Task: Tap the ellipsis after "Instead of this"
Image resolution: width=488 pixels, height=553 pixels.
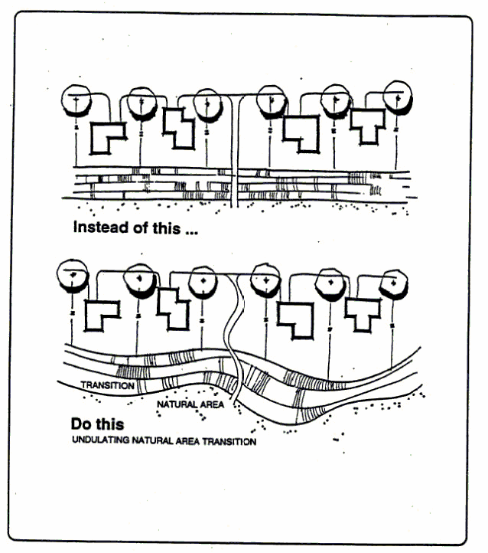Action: pos(188,229)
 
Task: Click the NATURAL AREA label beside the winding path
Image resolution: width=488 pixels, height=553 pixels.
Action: pos(190,404)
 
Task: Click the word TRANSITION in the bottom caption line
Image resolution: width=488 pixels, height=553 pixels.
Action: pos(227,442)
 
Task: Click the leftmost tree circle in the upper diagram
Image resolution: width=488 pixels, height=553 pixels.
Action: pos(76,100)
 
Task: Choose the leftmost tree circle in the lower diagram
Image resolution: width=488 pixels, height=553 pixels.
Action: pos(73,276)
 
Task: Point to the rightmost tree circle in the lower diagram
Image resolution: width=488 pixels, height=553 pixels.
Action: pos(393,283)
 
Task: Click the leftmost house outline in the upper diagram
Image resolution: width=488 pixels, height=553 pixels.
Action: pos(107,138)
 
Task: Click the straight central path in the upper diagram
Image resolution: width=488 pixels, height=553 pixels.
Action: pos(236,153)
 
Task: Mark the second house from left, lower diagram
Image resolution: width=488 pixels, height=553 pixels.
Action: pos(173,309)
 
